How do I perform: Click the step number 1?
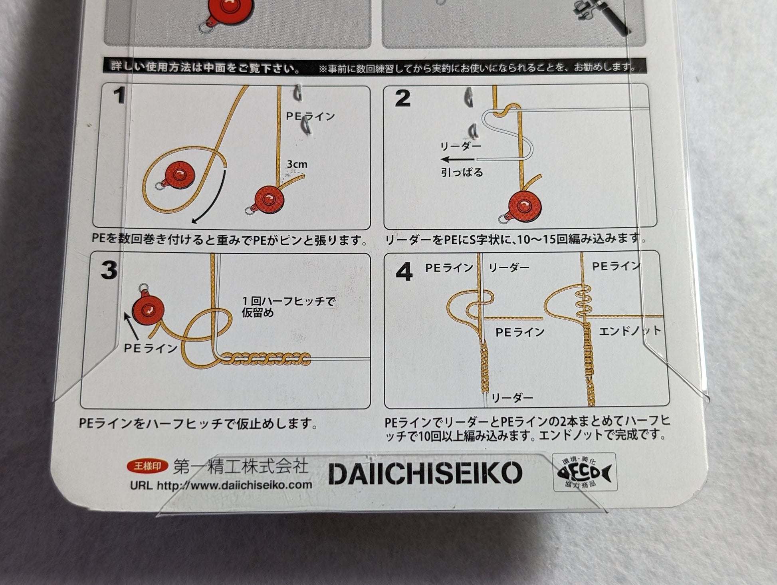point(119,96)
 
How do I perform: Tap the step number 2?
point(402,98)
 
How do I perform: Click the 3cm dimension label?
point(297,164)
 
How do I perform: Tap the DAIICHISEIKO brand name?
point(425,473)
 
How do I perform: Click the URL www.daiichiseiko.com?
point(221,485)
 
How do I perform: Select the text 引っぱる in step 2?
point(462,173)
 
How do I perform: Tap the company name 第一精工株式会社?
point(241,466)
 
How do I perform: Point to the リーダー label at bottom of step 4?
point(512,398)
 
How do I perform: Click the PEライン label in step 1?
point(310,117)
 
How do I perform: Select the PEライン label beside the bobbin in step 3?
point(151,348)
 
